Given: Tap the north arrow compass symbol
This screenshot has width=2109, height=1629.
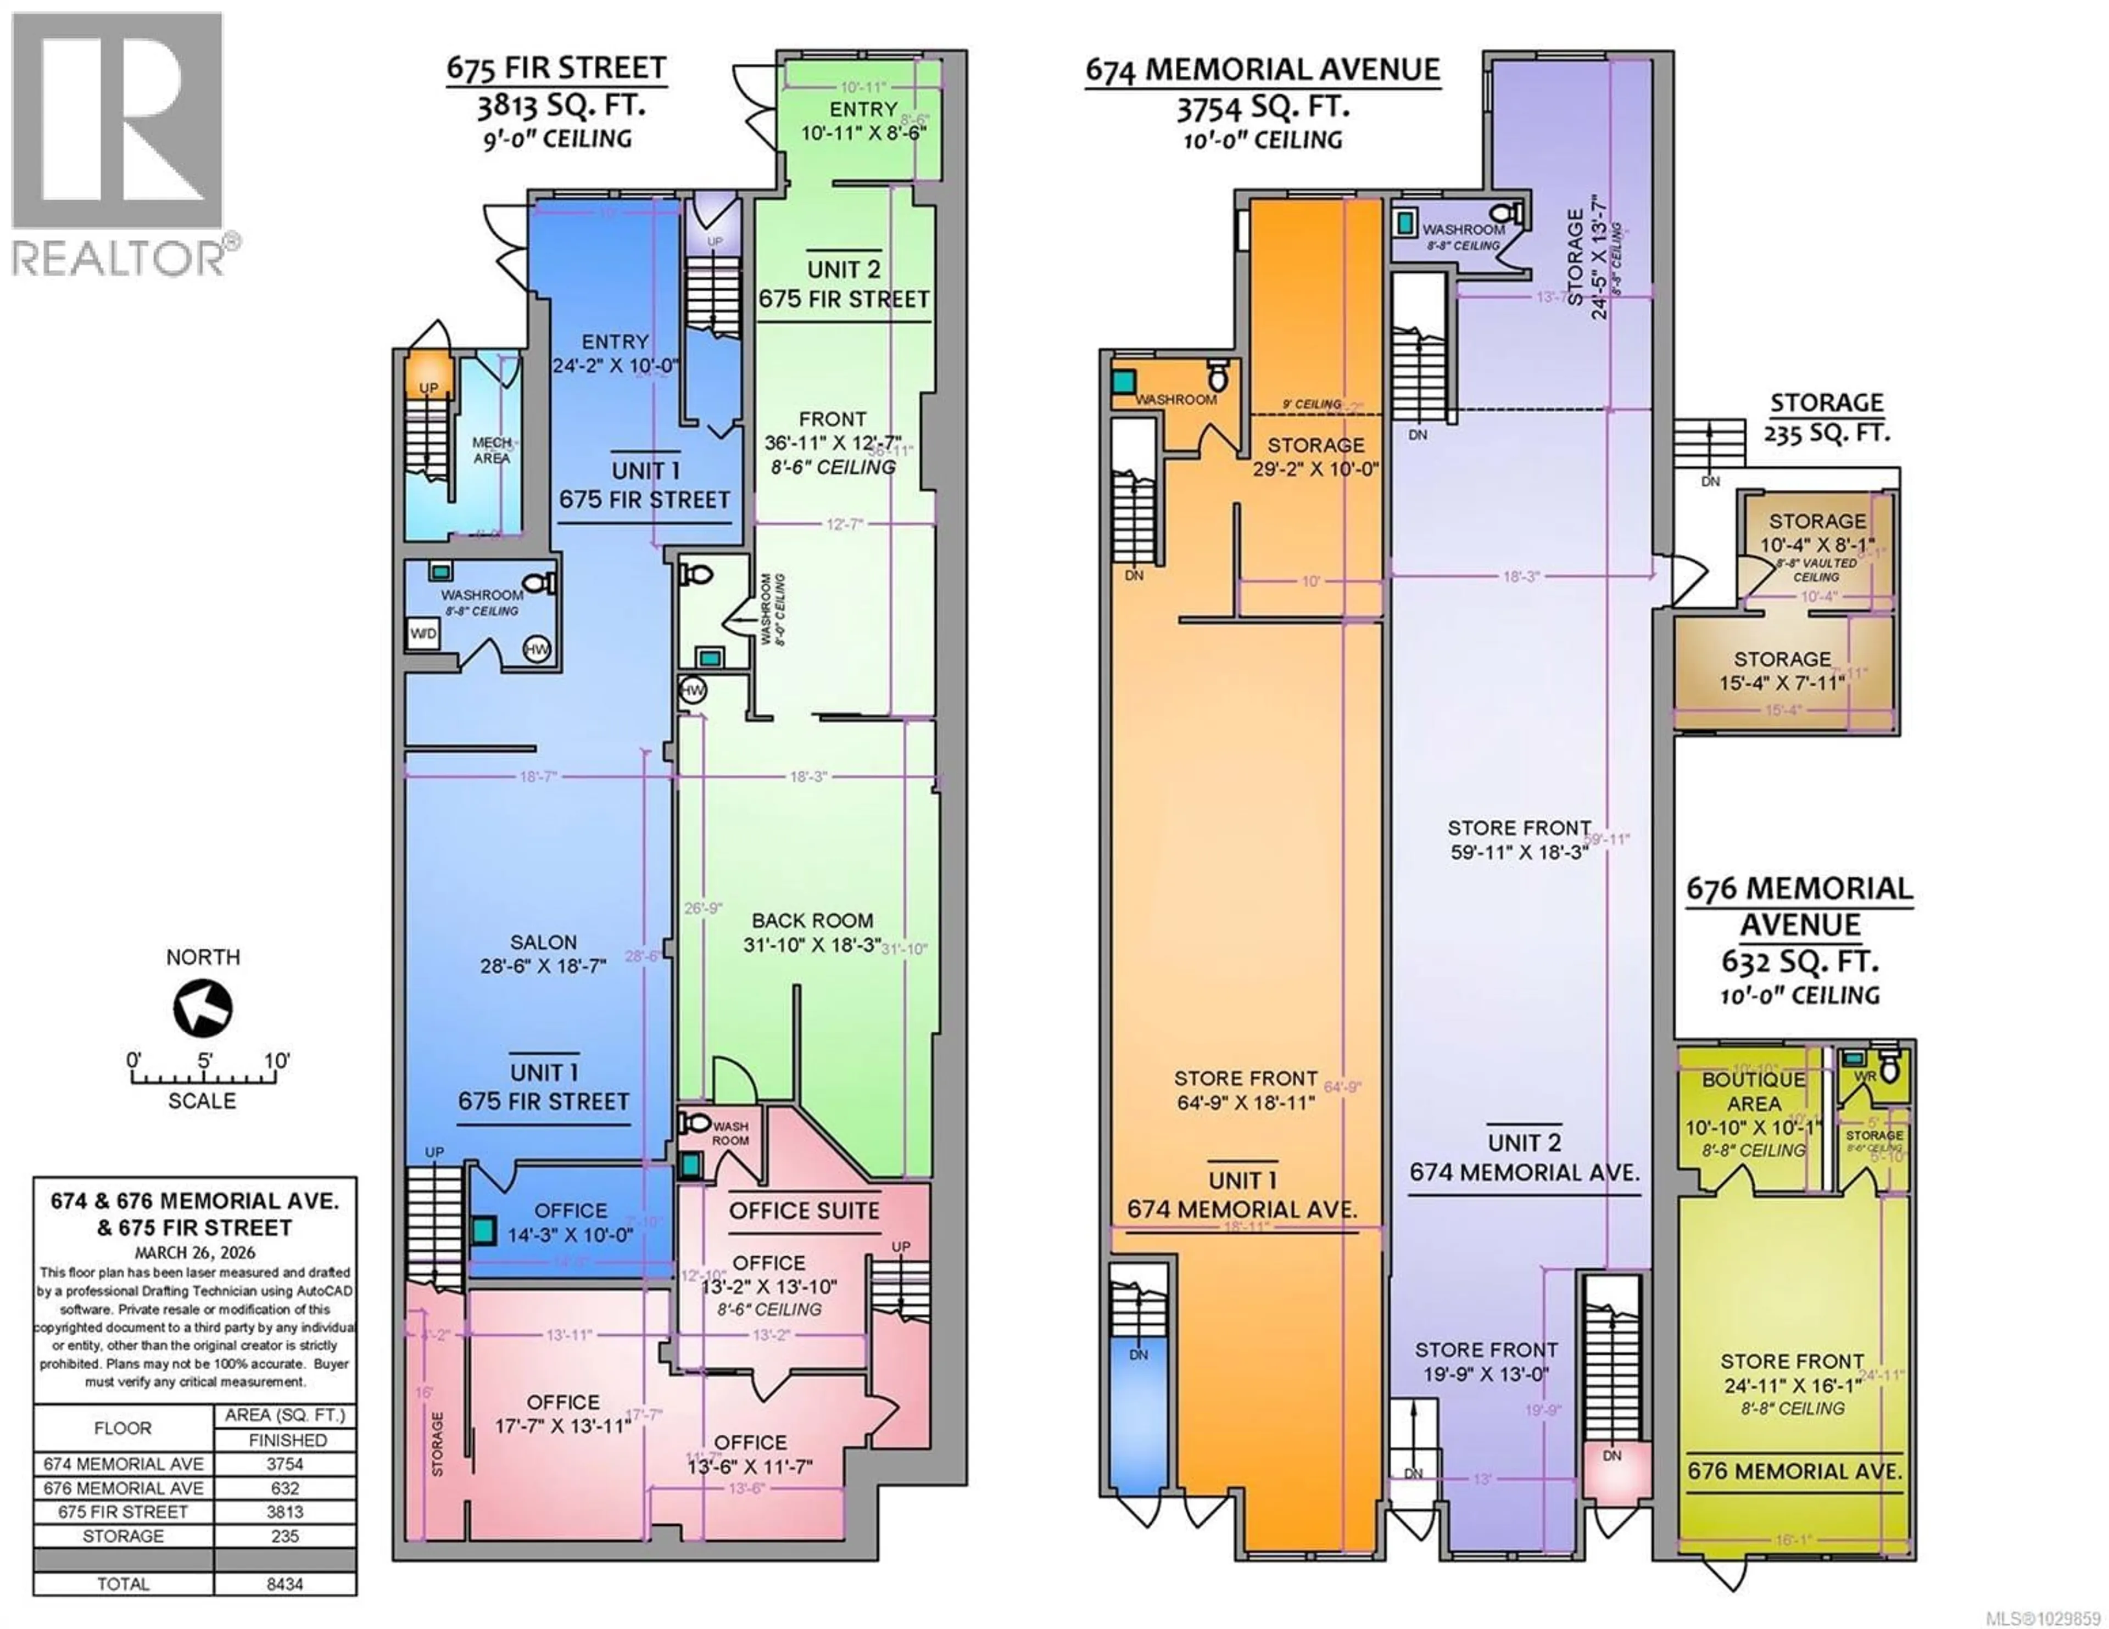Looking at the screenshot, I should tap(203, 1008).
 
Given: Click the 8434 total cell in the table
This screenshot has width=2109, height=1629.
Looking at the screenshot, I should tap(285, 1583).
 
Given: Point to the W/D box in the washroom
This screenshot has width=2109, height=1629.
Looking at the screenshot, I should tap(423, 634).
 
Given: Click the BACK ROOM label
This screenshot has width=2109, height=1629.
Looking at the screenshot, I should tap(812, 921).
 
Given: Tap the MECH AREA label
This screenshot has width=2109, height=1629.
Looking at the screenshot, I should tap(492, 450).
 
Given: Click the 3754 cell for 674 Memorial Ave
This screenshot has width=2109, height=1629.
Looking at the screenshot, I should tap(285, 1464).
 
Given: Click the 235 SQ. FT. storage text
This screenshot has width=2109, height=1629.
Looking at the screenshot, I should tap(1826, 434).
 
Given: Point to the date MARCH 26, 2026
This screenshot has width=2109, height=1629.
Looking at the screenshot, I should tap(195, 1252).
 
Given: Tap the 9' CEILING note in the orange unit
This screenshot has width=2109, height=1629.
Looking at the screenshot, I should tap(1312, 404).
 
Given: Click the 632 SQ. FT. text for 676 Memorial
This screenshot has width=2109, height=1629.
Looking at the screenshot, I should tap(1799, 962).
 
